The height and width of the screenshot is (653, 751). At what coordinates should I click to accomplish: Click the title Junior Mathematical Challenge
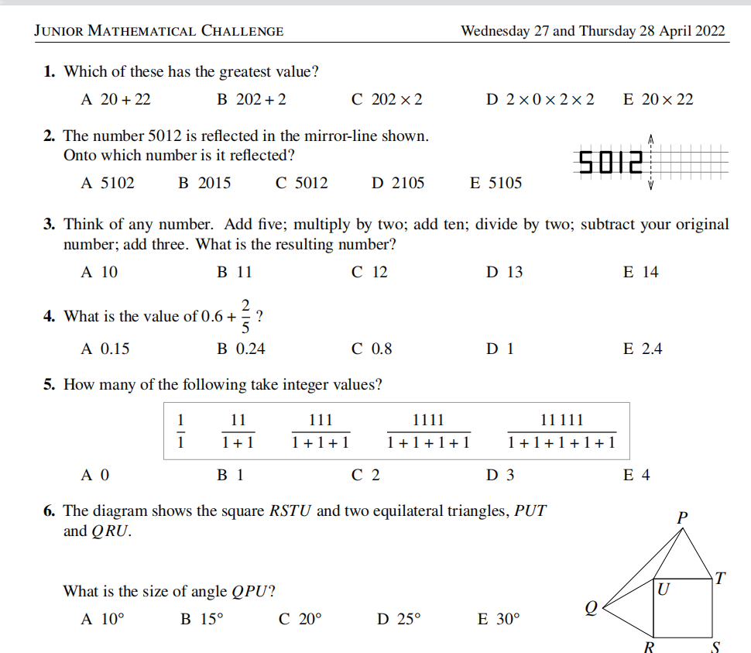[x=159, y=31]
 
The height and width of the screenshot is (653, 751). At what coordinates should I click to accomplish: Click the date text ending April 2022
[x=592, y=31]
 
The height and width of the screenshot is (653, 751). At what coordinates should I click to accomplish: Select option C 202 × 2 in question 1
[x=386, y=99]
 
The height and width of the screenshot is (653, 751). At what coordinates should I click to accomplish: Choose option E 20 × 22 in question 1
[x=658, y=99]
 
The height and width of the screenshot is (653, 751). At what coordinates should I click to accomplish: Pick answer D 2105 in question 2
[x=398, y=183]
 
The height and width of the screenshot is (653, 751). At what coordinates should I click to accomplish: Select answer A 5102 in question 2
[x=108, y=183]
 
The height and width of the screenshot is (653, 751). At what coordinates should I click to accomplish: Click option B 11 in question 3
[x=235, y=272]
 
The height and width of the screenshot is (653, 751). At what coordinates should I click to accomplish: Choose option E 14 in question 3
[x=640, y=272]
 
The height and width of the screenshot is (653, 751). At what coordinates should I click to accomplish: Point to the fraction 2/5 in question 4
[x=246, y=316]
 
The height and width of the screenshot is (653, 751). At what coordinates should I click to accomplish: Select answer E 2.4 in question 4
[x=643, y=349]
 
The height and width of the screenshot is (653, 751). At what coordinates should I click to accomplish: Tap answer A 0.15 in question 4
[x=105, y=349]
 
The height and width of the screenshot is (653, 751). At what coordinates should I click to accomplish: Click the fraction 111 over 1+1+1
[x=321, y=431]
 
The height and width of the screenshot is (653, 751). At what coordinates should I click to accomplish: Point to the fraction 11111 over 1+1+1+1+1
[x=561, y=431]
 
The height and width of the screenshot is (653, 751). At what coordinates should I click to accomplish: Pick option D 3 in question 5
[x=500, y=475]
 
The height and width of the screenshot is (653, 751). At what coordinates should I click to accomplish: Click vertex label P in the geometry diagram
[x=682, y=517]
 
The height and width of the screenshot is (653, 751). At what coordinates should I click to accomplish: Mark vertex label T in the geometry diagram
[x=720, y=577]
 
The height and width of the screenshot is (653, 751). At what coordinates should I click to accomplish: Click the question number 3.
[x=49, y=225]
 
